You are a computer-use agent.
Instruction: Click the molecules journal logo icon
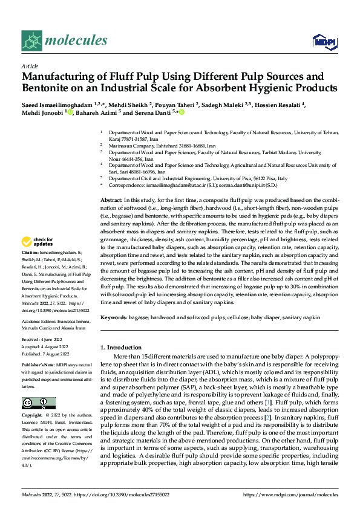point(31,41)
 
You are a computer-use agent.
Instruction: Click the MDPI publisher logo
point(324,41)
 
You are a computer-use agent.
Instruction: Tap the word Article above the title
point(30,65)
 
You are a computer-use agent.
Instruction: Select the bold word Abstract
point(110,199)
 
